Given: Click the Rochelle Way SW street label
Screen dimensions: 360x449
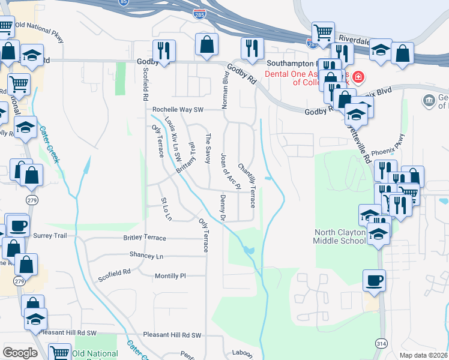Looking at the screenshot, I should pos(178,110).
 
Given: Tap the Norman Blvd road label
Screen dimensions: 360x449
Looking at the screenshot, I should pos(226,91).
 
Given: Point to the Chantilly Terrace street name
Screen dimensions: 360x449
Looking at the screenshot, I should pos(247,185).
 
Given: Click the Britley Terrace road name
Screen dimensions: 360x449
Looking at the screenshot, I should pos(145,238).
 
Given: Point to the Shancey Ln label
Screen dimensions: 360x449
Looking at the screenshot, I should pos(146,255).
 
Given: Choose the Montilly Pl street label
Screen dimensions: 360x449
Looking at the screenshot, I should pos(170,276).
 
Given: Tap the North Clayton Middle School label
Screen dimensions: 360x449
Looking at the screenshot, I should pos(339,236).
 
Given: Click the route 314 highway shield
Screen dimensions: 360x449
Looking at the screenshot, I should pos(382,343).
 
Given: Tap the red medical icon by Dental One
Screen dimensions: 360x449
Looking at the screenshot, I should pos(358,77).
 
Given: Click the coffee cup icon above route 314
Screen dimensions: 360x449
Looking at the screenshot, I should pos(374,280).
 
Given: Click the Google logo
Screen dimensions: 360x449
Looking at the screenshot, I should pos(20,353).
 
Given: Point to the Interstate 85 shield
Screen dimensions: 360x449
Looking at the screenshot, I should pos(123,2).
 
